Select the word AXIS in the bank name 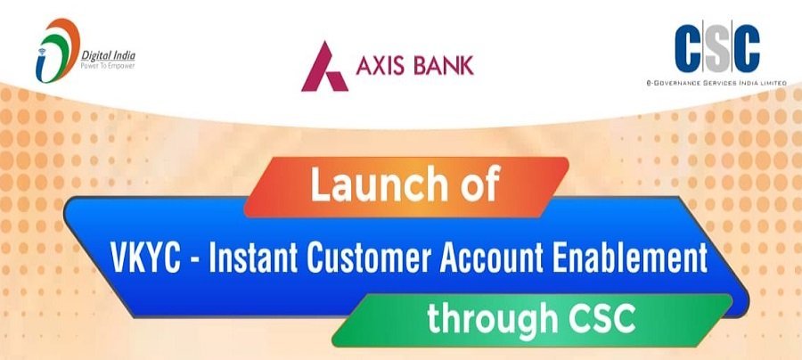pyautogui.click(x=381, y=65)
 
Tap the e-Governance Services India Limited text pyautogui.click(x=717, y=83)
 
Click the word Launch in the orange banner pyautogui.click(x=368, y=188)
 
